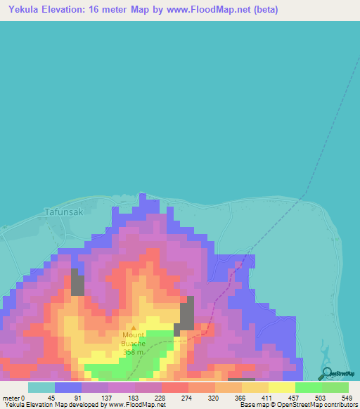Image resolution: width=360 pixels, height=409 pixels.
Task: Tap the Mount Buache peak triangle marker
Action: point(134,327)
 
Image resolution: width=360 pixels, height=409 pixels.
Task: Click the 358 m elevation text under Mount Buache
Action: point(134,351)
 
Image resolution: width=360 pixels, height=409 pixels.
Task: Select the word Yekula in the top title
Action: point(22,10)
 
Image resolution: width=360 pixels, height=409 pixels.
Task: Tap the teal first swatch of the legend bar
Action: point(41,387)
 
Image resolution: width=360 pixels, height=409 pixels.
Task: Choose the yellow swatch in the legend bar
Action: point(281,387)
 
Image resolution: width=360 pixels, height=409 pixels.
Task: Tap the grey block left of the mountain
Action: point(77,283)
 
